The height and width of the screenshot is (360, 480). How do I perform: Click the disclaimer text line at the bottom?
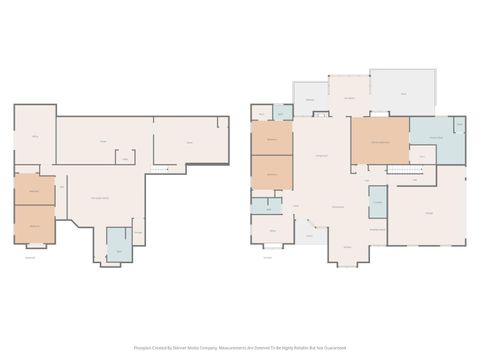(x=240, y=348)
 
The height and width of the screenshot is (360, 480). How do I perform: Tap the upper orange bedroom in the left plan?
(x=34, y=190)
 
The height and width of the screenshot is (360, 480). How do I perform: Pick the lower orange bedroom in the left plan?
(x=34, y=225)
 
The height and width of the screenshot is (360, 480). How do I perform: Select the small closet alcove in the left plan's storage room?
(x=125, y=158)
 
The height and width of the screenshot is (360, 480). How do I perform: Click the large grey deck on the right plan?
(x=404, y=94)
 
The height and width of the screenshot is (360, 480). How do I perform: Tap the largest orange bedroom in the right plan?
(x=379, y=140)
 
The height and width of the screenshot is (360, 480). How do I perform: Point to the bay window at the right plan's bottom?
(x=347, y=258)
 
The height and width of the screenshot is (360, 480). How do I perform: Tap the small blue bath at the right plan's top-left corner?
(x=262, y=115)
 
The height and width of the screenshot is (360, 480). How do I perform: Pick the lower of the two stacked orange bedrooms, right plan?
(x=271, y=174)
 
